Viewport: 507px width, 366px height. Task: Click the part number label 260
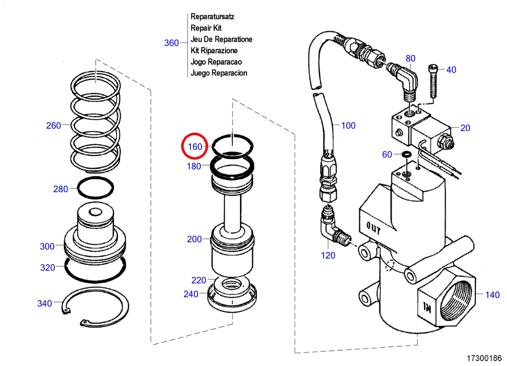click(x=53, y=126)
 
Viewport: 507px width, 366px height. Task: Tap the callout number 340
click(x=44, y=304)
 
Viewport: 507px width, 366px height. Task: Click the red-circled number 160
click(x=195, y=147)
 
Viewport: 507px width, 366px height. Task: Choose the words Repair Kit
click(x=206, y=28)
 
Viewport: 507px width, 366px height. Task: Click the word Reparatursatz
click(x=212, y=17)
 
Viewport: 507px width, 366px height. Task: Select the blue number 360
click(x=171, y=43)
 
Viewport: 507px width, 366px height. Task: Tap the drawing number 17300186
click(x=484, y=358)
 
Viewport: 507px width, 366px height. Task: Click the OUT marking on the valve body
click(x=374, y=228)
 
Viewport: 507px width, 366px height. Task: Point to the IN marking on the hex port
click(x=427, y=307)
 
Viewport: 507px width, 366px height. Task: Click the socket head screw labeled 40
click(x=432, y=81)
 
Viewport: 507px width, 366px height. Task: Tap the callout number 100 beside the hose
click(x=348, y=126)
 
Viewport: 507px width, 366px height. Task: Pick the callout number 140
click(x=492, y=295)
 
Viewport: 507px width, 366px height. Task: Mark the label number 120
click(x=328, y=256)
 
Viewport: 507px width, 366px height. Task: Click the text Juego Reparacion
click(x=219, y=73)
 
